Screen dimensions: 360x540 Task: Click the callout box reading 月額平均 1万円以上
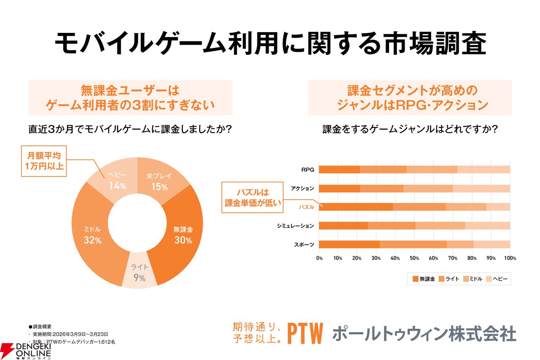point(44,161)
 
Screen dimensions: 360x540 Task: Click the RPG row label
point(307,170)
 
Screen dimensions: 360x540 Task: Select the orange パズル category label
point(307,207)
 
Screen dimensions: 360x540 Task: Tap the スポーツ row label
point(304,244)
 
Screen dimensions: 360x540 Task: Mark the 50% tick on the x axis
point(414,258)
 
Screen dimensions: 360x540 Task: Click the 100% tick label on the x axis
point(509,258)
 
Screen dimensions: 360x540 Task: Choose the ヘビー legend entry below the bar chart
point(497,279)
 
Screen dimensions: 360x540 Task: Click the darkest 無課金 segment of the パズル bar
point(356,207)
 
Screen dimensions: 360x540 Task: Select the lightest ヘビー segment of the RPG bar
point(483,170)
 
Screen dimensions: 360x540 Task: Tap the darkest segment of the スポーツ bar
point(349,244)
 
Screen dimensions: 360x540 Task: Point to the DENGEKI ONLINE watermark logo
point(26,349)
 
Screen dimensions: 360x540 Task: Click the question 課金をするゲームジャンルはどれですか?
point(410,129)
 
